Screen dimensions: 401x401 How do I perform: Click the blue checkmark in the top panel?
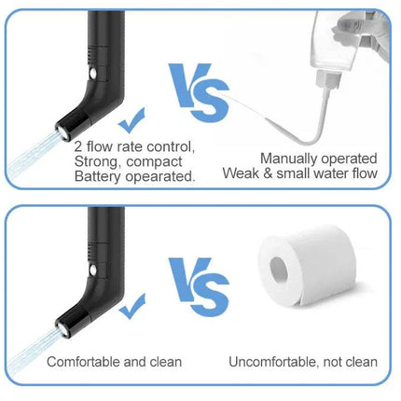132,121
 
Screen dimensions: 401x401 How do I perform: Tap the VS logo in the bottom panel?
199,287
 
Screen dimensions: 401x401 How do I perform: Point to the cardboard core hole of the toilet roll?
279,270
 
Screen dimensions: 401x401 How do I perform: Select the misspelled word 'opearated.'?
160,177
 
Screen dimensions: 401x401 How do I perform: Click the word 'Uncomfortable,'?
274,362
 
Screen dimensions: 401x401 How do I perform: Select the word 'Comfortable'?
83,362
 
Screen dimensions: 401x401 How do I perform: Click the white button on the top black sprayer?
92,74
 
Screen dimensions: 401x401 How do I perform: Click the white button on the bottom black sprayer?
92,270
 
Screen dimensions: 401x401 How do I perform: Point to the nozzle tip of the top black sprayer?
62,132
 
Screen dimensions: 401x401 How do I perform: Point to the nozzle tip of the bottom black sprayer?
62,329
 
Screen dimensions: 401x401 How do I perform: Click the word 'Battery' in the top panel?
97,177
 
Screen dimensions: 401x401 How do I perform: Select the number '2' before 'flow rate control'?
78,146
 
